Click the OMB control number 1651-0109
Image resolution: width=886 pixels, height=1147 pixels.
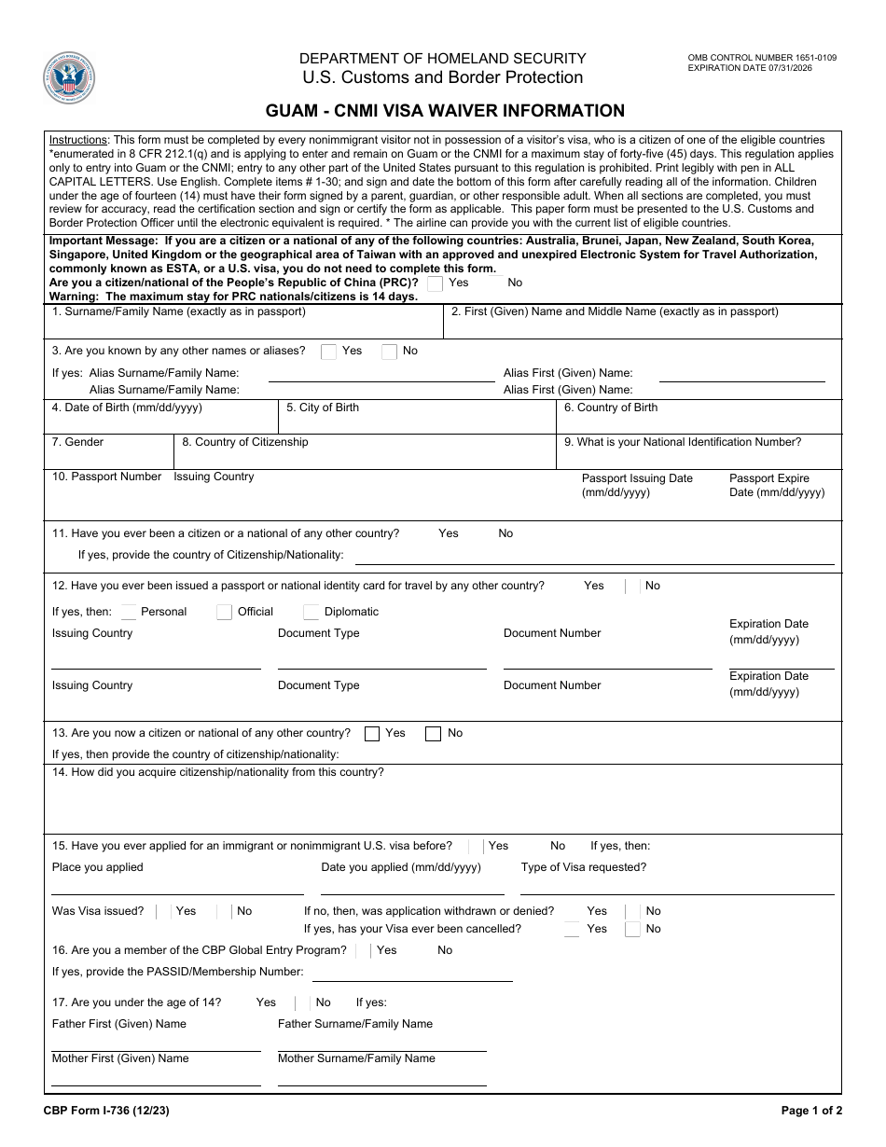point(762,58)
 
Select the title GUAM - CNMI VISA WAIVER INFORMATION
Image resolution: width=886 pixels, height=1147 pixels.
point(445,111)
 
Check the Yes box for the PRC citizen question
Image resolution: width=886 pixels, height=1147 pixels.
point(435,283)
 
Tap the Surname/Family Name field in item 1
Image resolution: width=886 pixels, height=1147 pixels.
point(243,326)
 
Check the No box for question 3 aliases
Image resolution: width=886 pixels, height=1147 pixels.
point(389,352)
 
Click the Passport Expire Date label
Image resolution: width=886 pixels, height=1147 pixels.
point(776,485)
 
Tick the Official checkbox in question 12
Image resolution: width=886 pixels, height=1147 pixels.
point(224,613)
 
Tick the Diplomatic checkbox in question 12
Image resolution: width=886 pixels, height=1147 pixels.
point(311,613)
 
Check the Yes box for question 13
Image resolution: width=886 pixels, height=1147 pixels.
point(372,734)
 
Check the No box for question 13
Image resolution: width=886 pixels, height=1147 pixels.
point(433,734)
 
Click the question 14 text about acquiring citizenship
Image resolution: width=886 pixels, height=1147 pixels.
point(218,772)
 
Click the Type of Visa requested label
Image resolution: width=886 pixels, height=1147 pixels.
point(584,867)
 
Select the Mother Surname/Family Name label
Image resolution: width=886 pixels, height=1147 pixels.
point(356,1058)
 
